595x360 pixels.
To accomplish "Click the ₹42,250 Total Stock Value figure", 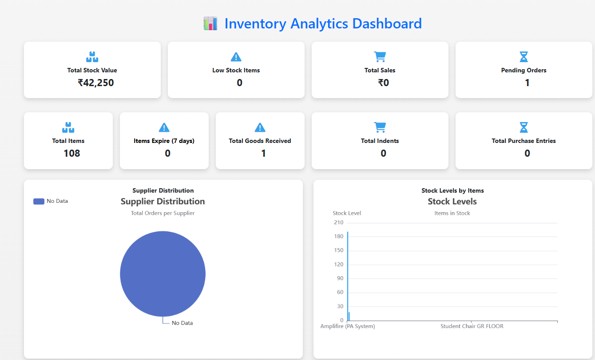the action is click(x=95, y=83).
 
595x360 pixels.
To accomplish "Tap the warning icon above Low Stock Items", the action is click(x=236, y=57).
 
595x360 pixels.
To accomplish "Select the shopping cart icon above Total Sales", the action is click(x=380, y=56).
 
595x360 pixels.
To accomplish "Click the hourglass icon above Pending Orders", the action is click(x=524, y=56).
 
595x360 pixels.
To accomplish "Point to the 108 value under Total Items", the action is click(x=72, y=153).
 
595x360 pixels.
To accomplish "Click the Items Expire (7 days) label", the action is click(x=164, y=141).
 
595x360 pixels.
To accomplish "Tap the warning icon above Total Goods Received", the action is click(x=260, y=127).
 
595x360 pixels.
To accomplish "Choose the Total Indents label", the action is click(x=380, y=141).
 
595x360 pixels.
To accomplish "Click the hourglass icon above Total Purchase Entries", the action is click(x=524, y=127).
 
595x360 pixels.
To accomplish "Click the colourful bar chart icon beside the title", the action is click(x=210, y=24).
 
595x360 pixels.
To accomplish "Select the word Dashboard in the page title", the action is click(x=387, y=24).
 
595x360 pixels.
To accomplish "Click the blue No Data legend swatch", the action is click(x=39, y=201).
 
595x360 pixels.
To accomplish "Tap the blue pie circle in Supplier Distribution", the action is click(x=163, y=274).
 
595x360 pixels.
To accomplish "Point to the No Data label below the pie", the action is click(x=182, y=323).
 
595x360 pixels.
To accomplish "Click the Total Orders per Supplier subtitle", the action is click(x=163, y=213).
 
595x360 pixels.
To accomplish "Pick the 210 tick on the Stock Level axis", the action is click(x=339, y=222).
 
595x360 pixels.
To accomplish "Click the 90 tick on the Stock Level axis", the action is click(x=340, y=278).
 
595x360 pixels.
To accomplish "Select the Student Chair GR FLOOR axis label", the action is click(x=472, y=326).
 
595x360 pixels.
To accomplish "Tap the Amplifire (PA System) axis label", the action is click(x=348, y=326).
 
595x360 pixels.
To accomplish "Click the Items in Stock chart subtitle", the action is click(x=452, y=213).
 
